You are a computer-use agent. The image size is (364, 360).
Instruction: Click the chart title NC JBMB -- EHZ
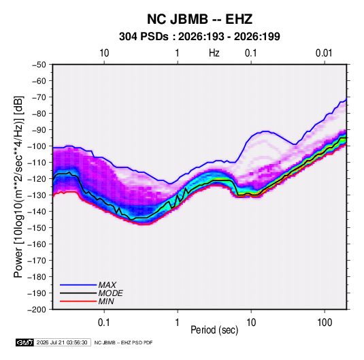tap(199, 19)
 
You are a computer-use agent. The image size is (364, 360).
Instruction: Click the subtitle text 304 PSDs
tap(144, 37)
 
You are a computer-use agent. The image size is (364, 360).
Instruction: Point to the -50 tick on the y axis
tap(39, 65)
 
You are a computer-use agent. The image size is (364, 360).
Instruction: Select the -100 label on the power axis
tap(37, 146)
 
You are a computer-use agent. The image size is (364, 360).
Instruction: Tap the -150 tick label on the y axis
tap(37, 228)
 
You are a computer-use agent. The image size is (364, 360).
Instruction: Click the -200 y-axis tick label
tap(37, 310)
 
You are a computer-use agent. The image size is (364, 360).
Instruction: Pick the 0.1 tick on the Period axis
tap(104, 322)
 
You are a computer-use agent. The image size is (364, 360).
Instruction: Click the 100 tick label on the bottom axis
tap(325, 322)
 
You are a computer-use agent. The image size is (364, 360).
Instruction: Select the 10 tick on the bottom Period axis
tap(251, 322)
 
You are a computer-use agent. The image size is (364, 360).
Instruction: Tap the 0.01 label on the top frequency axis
tap(324, 53)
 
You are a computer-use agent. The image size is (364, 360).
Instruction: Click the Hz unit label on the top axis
tap(214, 53)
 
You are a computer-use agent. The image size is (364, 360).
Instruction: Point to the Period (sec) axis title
tap(214, 330)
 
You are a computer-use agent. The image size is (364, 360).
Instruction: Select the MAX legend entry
tap(107, 285)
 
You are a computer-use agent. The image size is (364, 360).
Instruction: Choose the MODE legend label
tap(110, 293)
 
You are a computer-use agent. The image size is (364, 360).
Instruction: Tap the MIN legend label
tap(106, 301)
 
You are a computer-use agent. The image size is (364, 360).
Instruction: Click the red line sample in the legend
tap(78, 301)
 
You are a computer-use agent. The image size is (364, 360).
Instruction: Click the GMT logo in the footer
tap(25, 342)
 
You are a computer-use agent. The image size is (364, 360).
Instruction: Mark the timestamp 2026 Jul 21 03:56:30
tap(62, 342)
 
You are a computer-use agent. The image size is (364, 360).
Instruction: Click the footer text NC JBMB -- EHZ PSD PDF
tap(123, 342)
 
